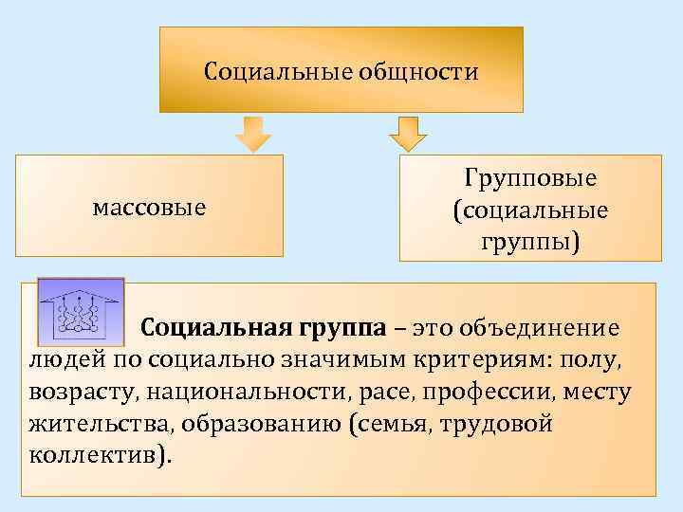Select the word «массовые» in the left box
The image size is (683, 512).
pyautogui.click(x=150, y=206)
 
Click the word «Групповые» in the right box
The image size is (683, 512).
pyautogui.click(x=530, y=179)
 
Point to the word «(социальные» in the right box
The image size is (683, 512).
pyautogui.click(x=530, y=209)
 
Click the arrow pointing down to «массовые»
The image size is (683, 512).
pyautogui.click(x=253, y=134)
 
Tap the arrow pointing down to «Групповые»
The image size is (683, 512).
pyautogui.click(x=409, y=134)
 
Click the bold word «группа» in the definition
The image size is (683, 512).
pyautogui.click(x=342, y=328)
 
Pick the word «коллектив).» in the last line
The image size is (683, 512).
pyautogui.click(x=102, y=454)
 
